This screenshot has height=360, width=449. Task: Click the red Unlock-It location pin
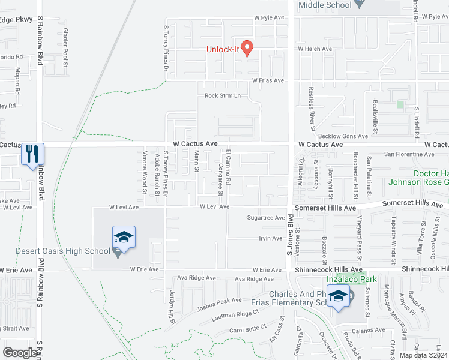coord(246,48)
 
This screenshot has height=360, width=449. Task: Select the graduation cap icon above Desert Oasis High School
coord(124,236)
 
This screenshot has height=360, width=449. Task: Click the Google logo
coord(20,353)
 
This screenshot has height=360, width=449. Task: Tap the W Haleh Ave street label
coord(315,49)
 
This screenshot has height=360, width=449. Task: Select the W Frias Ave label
coord(267,80)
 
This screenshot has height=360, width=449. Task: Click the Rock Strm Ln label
coord(222,95)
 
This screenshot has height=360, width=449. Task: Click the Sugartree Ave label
coord(266,218)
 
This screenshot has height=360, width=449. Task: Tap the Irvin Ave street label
coord(270,238)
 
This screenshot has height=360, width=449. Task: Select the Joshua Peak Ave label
coord(219,304)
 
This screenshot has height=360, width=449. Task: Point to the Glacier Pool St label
coord(65,47)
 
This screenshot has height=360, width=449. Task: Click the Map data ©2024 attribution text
coord(423,355)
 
